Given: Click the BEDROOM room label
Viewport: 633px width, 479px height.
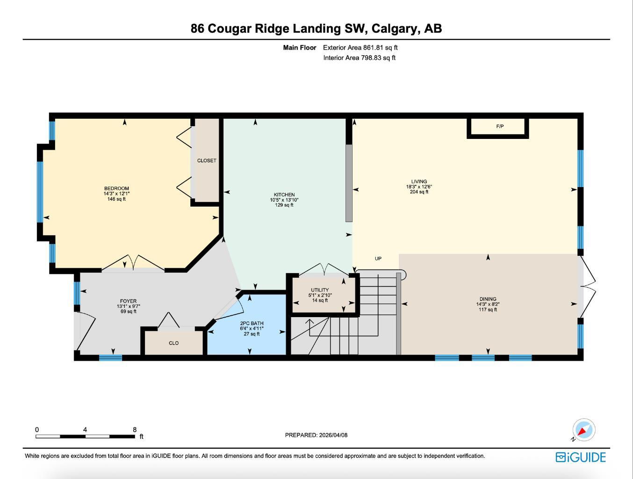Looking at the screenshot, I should coord(116,189).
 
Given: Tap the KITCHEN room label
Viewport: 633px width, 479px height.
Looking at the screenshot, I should coord(284,195).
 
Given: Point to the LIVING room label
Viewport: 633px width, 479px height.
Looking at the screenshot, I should coord(419,181).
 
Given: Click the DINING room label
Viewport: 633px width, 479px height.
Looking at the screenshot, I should coord(488,299).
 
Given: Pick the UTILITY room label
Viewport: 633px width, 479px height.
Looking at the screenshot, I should coord(320,290).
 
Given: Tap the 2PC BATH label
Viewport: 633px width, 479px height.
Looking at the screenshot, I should coord(252,323).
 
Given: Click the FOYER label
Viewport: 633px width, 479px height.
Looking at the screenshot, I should coord(128,301).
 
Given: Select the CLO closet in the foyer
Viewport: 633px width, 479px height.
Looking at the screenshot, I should coord(173,343).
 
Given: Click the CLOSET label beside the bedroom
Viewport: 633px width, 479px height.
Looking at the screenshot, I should coord(207,160).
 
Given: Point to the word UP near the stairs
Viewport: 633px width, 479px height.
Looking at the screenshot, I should coord(378,258).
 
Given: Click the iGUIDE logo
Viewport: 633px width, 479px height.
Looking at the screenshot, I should coord(581,457).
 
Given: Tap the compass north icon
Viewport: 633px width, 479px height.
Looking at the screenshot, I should coord(583,430).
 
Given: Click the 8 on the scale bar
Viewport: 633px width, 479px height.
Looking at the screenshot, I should coord(135,429).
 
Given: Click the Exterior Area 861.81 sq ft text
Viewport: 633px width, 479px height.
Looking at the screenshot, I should coord(360,47).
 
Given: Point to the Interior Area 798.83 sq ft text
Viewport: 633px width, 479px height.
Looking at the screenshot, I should coord(359,58).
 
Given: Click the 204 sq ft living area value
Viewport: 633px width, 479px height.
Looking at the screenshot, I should coord(419,192).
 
